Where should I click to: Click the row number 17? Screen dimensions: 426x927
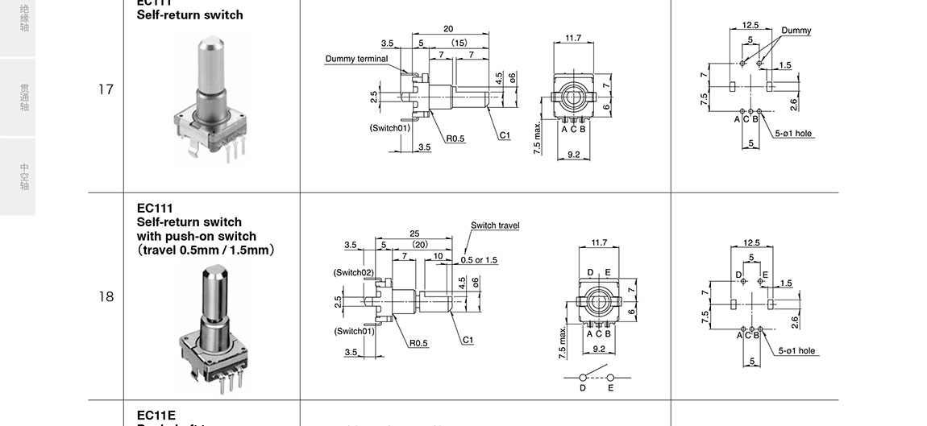click(x=106, y=89)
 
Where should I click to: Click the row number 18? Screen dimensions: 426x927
click(x=106, y=297)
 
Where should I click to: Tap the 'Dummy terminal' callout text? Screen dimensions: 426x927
click(x=356, y=59)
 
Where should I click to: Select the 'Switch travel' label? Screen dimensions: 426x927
click(x=495, y=225)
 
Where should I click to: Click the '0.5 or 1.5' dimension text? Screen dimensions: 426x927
click(x=480, y=260)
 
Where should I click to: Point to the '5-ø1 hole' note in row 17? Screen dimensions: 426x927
click(x=794, y=134)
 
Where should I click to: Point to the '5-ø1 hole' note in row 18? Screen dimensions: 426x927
click(x=797, y=351)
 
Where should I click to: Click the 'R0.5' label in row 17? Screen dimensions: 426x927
click(x=455, y=139)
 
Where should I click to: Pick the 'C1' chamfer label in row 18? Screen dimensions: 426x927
click(x=468, y=340)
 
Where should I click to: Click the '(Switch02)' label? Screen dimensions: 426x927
click(x=353, y=272)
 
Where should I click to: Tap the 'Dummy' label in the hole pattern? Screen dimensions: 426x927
click(x=796, y=31)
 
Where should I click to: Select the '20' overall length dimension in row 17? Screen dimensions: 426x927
click(x=448, y=29)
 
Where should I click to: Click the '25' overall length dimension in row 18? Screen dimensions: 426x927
click(x=414, y=234)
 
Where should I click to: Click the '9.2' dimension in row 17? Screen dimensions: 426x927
click(x=574, y=154)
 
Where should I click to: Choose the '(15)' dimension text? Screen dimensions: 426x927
click(x=459, y=42)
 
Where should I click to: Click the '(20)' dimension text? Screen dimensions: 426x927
click(x=420, y=244)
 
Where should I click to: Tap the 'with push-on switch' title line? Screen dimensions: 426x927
click(x=197, y=237)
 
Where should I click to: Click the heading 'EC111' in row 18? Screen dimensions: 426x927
click(x=155, y=208)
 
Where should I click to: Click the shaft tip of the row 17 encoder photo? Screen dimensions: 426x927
click(x=206, y=40)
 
